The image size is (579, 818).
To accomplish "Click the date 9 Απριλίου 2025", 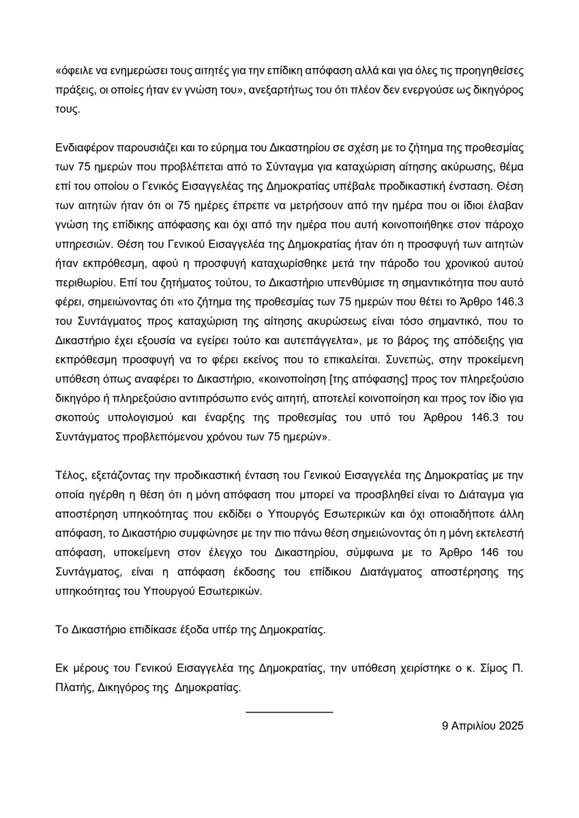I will (482, 727).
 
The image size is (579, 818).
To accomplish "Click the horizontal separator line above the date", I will (289, 712).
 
